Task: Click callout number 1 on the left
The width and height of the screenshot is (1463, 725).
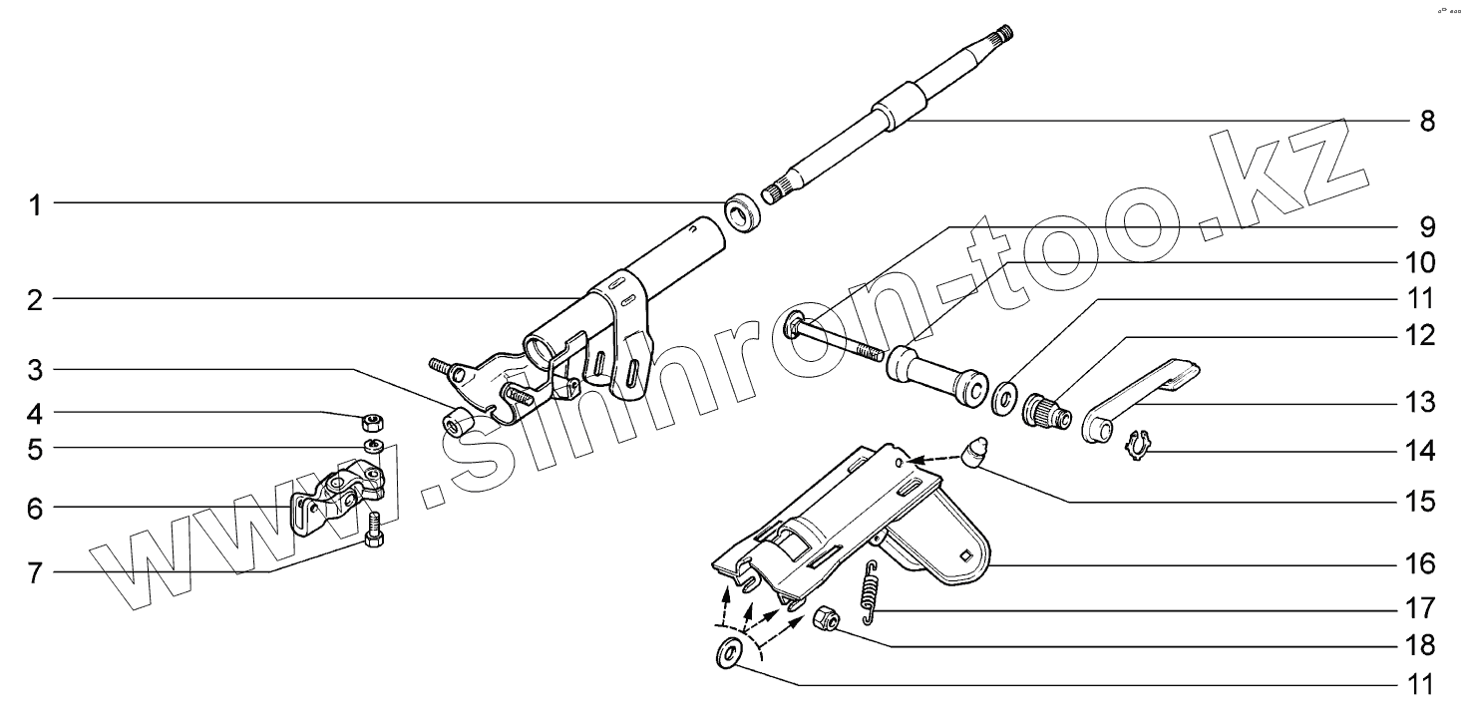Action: coord(35,205)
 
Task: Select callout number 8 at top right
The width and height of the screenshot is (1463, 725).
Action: coord(1428,122)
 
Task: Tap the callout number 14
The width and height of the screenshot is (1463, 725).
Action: coord(1420,452)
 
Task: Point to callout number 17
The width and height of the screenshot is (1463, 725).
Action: coord(1420,608)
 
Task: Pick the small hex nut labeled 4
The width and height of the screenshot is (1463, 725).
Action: coord(372,423)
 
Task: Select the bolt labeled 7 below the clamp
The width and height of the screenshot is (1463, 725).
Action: coord(374,530)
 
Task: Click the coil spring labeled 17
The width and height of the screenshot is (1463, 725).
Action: coord(870,592)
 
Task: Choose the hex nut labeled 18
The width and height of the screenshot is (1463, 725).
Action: coord(826,618)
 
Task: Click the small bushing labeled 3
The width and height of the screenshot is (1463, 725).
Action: coord(457,420)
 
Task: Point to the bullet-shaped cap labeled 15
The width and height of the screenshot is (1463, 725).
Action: coord(975,454)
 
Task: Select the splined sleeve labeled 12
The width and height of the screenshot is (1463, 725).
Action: coord(1046,412)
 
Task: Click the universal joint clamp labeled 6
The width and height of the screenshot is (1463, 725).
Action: coord(337,498)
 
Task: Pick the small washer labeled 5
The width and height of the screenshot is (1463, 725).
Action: coord(374,447)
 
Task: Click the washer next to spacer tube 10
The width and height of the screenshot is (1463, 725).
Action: coord(1003,398)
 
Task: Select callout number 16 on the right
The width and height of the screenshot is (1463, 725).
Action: coord(1420,563)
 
